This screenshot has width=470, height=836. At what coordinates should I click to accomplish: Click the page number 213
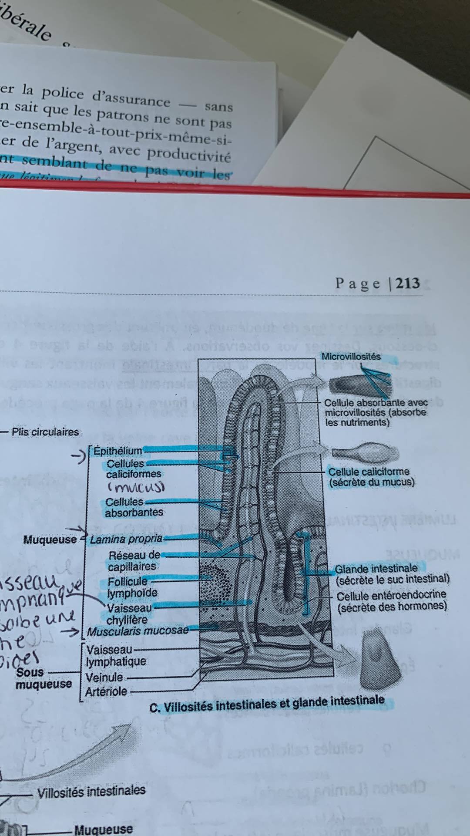(408, 283)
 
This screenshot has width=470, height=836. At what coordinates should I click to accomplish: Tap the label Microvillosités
(351, 357)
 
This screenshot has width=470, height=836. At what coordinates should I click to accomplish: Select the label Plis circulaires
(45, 432)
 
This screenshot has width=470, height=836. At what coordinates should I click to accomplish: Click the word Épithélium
(118, 451)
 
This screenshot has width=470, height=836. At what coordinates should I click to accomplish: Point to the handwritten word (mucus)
(136, 487)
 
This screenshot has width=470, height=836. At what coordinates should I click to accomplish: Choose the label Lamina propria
(126, 539)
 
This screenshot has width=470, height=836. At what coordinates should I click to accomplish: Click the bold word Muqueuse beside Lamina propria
(50, 540)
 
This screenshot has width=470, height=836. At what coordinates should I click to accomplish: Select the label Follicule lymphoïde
(132, 587)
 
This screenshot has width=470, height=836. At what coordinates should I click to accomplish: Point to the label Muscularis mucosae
(138, 630)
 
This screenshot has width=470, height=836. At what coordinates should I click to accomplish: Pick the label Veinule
(104, 678)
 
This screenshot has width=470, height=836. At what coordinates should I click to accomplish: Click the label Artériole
(106, 691)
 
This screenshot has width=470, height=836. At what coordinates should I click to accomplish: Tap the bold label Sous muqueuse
(44, 678)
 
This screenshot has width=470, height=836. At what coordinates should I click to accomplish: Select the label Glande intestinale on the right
(376, 568)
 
